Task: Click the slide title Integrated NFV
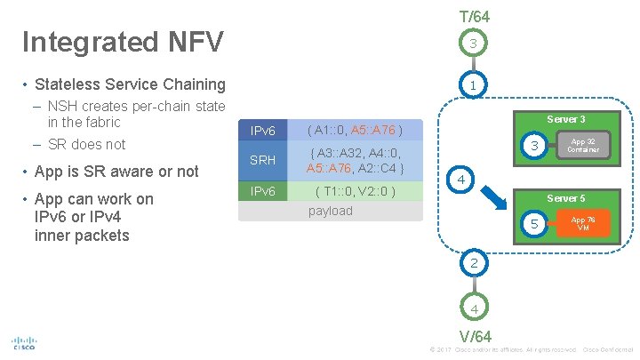pyautogui.click(x=123, y=42)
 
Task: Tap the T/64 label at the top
pyautogui.click(x=474, y=16)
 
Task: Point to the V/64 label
pyautogui.click(x=475, y=336)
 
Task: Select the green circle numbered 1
pyautogui.click(x=474, y=85)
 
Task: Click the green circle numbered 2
pyautogui.click(x=474, y=262)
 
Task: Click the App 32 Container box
pyautogui.click(x=583, y=145)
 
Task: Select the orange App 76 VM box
pyautogui.click(x=583, y=222)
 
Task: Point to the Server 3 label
pyautogui.click(x=565, y=119)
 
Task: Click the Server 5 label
pyautogui.click(x=565, y=198)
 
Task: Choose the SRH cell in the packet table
pyautogui.click(x=263, y=160)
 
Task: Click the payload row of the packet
pyautogui.click(x=331, y=211)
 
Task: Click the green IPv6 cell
pyautogui.click(x=263, y=191)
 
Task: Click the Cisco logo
pyautogui.click(x=23, y=342)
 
